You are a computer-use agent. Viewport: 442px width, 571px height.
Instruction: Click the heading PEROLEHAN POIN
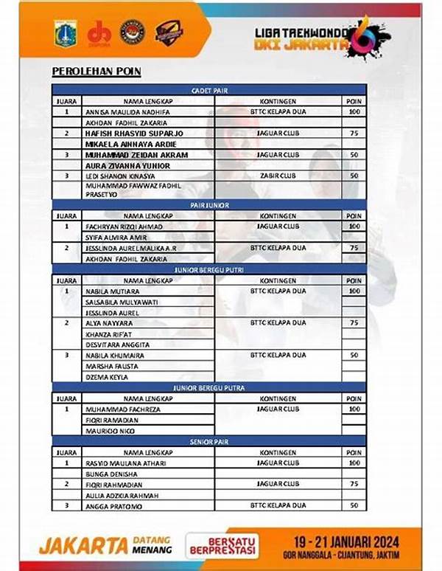pos(97,72)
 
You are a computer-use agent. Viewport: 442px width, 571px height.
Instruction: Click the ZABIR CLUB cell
pos(278,176)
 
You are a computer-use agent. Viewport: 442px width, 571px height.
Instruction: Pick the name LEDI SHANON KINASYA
pos(121,176)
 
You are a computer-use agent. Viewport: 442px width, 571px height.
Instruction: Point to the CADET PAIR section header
pos(208,89)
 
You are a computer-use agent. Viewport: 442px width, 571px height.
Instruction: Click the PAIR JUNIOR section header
pos(208,206)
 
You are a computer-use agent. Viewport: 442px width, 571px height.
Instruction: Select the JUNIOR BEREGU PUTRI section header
pos(208,270)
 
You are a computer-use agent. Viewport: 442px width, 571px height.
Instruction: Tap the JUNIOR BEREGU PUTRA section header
pos(208,387)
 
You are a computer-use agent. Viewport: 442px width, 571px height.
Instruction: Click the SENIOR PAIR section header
pos(208,440)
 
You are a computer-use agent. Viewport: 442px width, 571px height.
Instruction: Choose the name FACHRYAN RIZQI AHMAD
pos(124,226)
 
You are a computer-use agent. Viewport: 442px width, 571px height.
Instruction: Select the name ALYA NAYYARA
pos(108,323)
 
